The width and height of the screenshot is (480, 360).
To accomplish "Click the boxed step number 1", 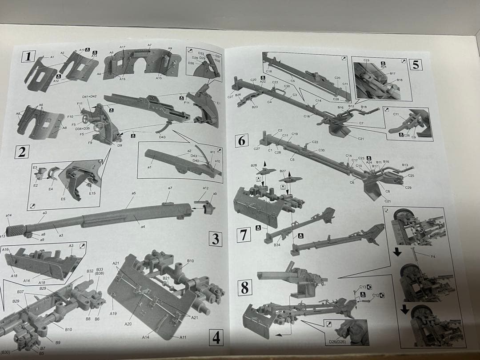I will point(28,56).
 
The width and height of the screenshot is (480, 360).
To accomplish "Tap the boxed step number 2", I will point(21,152).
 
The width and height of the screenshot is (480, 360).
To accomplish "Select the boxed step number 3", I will point(215,239).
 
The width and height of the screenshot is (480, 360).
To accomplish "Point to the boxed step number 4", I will point(216,338).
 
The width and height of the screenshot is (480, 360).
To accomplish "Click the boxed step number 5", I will point(415,64).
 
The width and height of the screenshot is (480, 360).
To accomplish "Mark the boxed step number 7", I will point(244,235).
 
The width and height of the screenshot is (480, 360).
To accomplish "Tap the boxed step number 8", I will point(244,288).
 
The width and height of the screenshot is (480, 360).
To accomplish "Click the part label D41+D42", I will point(89,96).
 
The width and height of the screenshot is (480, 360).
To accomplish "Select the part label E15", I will point(92,193).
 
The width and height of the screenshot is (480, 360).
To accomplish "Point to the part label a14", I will point(9,215).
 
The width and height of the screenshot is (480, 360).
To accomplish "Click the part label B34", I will point(277,245).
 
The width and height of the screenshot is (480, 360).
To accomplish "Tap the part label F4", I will point(433,256).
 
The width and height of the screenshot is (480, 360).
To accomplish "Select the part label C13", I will point(362,287).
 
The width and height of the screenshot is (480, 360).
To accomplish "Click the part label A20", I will point(128,324).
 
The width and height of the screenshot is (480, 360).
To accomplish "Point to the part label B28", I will point(254,165).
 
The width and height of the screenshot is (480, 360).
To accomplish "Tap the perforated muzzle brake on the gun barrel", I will point(16,230).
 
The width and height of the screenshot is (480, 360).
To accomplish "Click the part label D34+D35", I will point(83,129).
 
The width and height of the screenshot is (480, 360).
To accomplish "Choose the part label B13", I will point(405,165).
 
